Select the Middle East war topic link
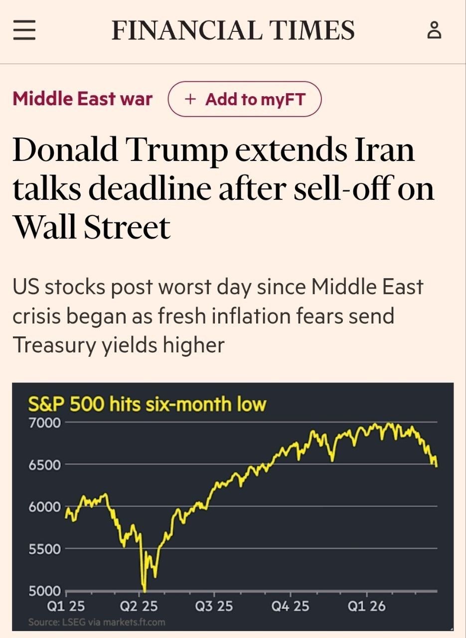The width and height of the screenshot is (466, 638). tap(82, 99)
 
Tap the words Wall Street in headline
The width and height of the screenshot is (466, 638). tap(92, 227)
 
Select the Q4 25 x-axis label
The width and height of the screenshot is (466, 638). tap(290, 606)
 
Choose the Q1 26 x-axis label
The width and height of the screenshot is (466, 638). tap(366, 606)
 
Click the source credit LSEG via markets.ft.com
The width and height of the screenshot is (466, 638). tap(97, 622)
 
